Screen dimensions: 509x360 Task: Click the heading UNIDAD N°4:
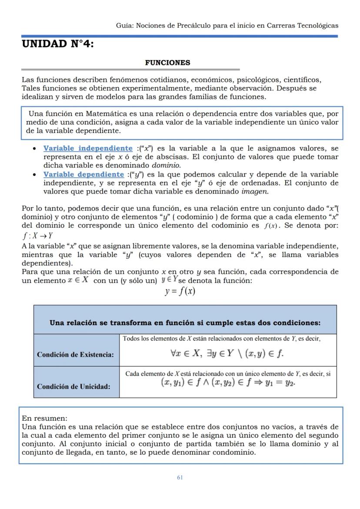[x=57, y=45]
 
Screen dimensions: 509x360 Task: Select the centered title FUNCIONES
[x=167, y=63]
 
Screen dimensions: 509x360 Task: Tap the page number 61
[x=180, y=477]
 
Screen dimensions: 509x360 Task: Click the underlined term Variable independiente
[x=88, y=149]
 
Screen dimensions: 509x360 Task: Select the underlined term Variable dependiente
[x=83, y=174]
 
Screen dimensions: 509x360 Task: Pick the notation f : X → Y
[x=37, y=236]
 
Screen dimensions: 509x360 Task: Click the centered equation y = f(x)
[x=180, y=291]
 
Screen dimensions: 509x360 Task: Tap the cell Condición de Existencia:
[x=76, y=355]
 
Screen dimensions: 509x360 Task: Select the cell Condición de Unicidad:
[x=73, y=386]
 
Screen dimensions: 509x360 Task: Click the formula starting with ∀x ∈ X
[x=227, y=353]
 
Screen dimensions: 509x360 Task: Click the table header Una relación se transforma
[x=185, y=323]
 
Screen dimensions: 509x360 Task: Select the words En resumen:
[x=44, y=419]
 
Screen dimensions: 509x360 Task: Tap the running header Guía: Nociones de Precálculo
[x=227, y=25]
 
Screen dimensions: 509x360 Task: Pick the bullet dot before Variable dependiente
[x=34, y=175]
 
